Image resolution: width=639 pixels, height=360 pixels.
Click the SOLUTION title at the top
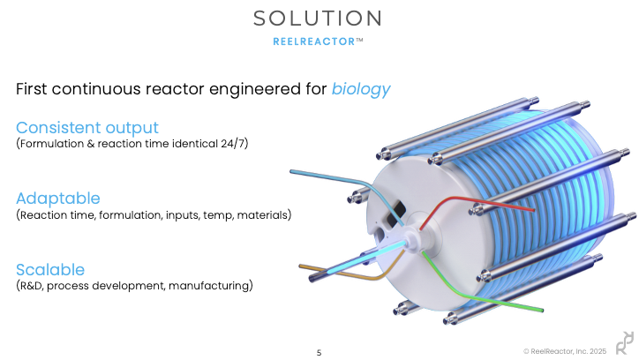pos(318,19)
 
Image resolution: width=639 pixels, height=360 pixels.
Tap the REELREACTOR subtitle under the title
pos(314,41)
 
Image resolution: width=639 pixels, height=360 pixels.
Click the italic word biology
pos(361,89)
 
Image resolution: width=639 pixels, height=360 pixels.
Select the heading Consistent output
pos(87,128)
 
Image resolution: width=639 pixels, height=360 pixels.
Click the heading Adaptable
pos(58,199)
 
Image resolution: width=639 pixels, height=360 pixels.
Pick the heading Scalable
pos(50,270)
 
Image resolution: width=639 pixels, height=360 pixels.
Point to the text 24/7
pos(234,144)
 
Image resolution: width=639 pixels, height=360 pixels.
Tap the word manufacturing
pos(210,286)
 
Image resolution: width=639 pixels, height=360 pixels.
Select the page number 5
pos(319,353)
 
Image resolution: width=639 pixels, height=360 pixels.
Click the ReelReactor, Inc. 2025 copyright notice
pos(565,351)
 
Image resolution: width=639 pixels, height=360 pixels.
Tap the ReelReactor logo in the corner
pos(625,343)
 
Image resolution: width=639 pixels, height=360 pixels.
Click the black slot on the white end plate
pos(395,214)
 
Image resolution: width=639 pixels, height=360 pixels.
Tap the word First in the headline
pos(32,89)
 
